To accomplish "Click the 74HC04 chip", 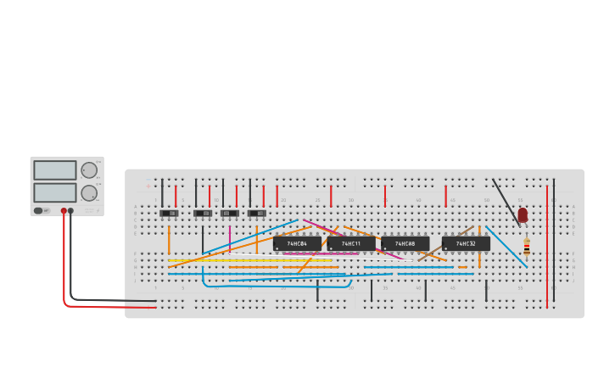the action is [x=297, y=244].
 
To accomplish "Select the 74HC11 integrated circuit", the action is [x=351, y=244].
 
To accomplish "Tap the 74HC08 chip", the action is [x=405, y=244].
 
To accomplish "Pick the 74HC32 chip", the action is [x=466, y=244].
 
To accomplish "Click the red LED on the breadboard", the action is [x=523, y=214].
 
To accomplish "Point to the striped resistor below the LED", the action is [x=527, y=247].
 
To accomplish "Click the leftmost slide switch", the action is [x=169, y=213].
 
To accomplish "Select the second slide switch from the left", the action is [x=203, y=213].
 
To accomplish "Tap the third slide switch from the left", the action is [x=230, y=213].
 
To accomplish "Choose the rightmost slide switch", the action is [x=257, y=213].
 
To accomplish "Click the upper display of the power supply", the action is [x=55, y=170].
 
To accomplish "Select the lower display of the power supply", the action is [x=55, y=192].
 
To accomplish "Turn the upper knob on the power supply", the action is [x=89, y=170].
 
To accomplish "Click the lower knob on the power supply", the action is [x=89, y=192].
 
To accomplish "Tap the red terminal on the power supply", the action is [x=64, y=211].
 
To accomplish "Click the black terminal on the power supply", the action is [x=70, y=211].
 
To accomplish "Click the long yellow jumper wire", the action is [x=254, y=260].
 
